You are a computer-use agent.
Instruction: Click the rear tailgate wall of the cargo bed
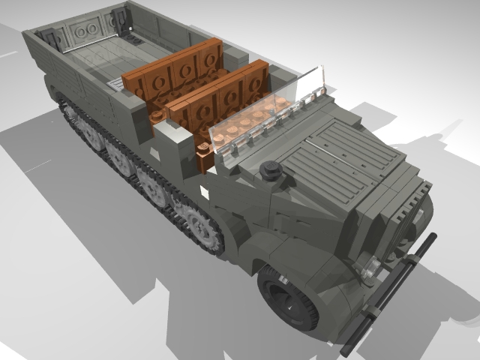coord(82,30)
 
